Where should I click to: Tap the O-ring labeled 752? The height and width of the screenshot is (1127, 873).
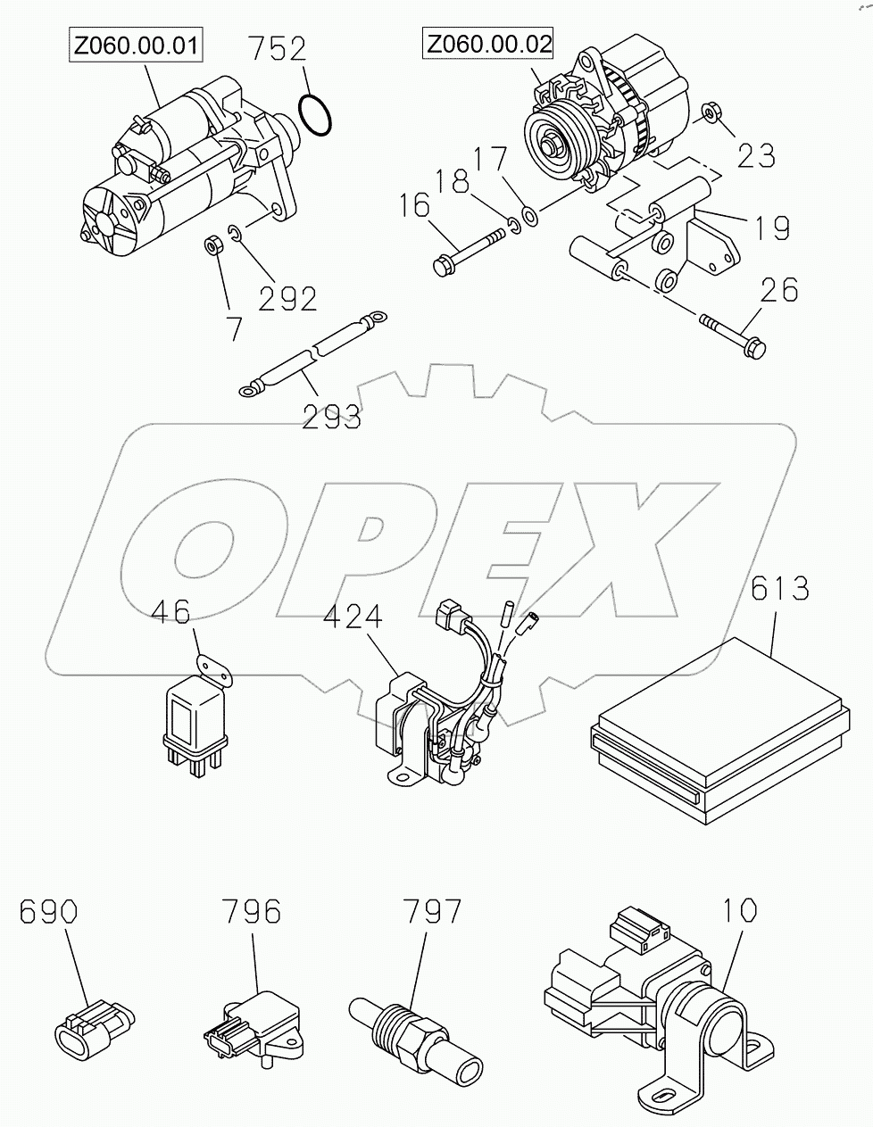click(x=316, y=115)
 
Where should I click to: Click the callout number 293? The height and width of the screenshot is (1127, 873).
click(x=331, y=417)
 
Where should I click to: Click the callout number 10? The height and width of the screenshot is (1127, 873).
click(x=740, y=911)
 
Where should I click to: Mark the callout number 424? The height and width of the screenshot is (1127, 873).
click(x=353, y=617)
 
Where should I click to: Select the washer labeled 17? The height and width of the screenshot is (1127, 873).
click(x=530, y=215)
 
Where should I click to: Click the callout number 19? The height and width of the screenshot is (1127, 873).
click(x=769, y=229)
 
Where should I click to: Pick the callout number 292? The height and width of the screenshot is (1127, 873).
click(x=287, y=299)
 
